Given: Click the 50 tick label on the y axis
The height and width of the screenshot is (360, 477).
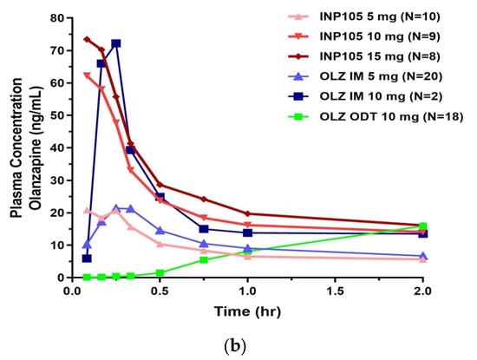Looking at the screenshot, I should [x=56, y=115].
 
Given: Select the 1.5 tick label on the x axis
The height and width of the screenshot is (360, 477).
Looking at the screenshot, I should [x=335, y=292].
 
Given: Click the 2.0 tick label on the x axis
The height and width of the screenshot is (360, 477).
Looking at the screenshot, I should [x=422, y=292].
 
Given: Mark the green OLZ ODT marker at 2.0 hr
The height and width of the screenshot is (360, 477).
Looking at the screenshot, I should [x=422, y=226].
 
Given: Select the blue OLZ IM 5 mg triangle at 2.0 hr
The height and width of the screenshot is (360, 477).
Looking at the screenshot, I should [x=422, y=256].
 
